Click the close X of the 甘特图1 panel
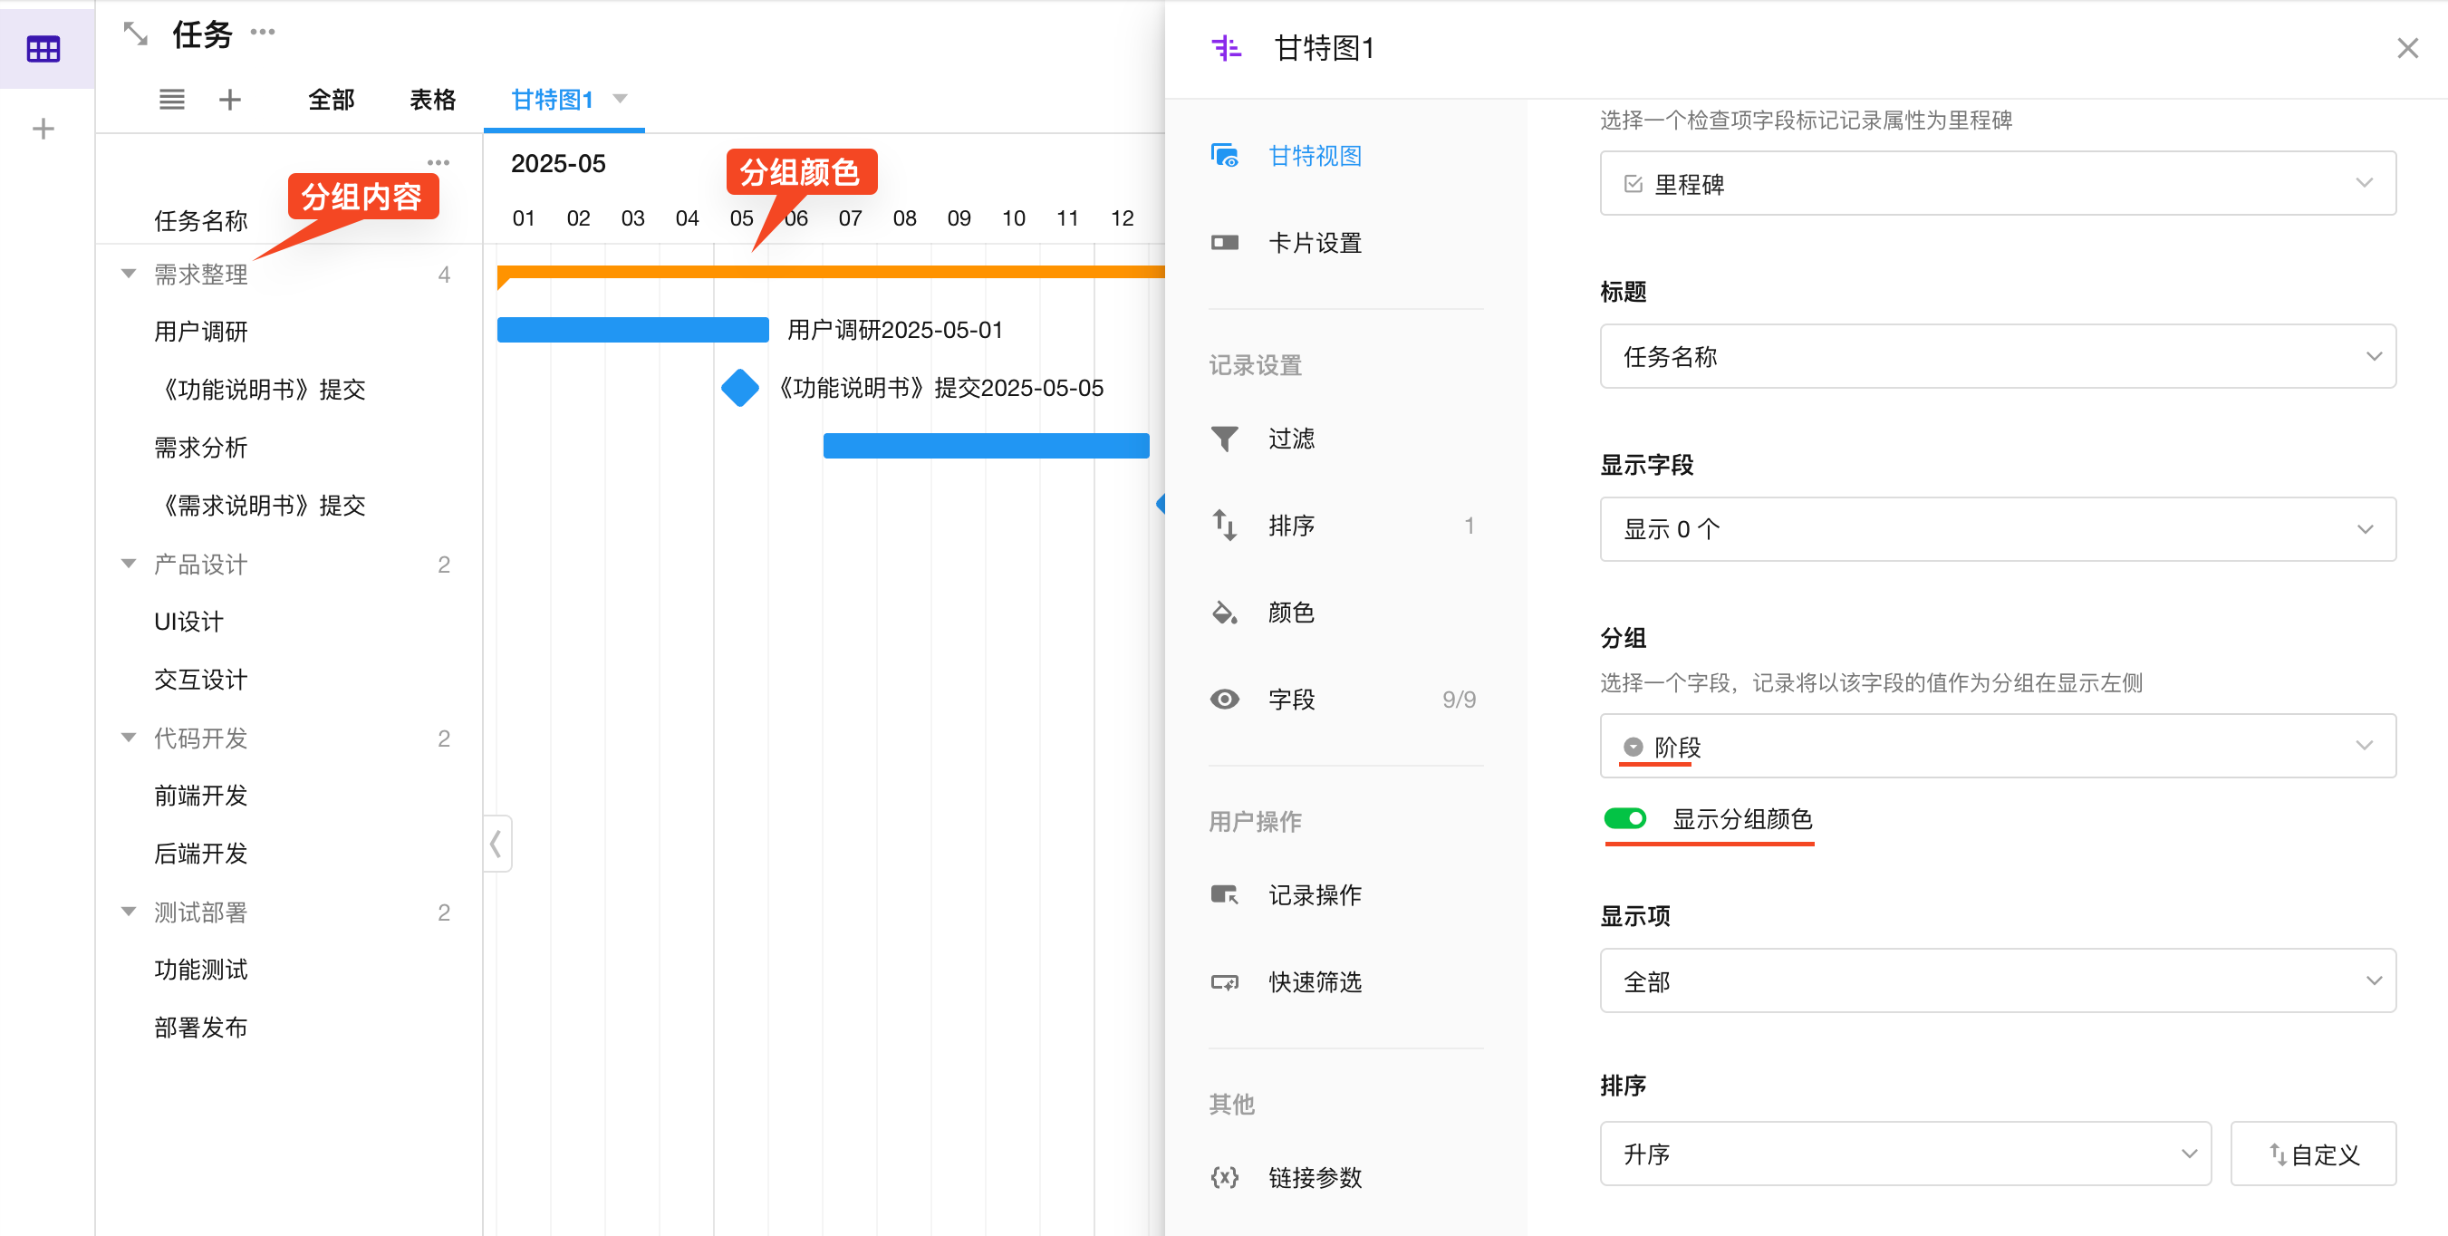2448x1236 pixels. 2407,49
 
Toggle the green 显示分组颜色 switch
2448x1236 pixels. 1625,818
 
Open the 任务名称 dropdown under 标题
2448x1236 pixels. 1998,356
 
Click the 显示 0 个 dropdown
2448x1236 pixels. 1998,529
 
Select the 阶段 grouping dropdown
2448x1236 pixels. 1998,747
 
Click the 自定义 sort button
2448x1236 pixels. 2313,1154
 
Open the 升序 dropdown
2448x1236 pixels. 1905,1154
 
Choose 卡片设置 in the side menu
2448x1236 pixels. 1316,244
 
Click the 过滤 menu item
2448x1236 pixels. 1291,439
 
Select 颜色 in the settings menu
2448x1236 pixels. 1291,613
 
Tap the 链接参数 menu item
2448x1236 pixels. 1316,1178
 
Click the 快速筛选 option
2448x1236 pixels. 1316,982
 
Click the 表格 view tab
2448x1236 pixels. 432,100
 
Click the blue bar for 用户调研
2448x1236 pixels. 633,330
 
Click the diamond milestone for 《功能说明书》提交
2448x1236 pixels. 740,388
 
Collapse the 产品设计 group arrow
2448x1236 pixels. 130,564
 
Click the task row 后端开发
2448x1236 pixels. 200,854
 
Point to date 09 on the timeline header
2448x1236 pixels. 959,218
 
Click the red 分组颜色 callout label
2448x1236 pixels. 800,172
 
